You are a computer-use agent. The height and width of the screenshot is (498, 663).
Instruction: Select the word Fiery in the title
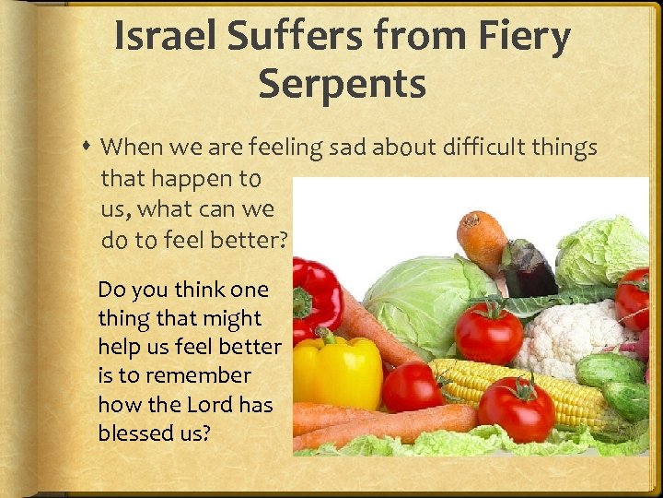[x=524, y=37]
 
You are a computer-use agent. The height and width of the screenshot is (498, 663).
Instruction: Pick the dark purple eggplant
[x=529, y=267]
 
